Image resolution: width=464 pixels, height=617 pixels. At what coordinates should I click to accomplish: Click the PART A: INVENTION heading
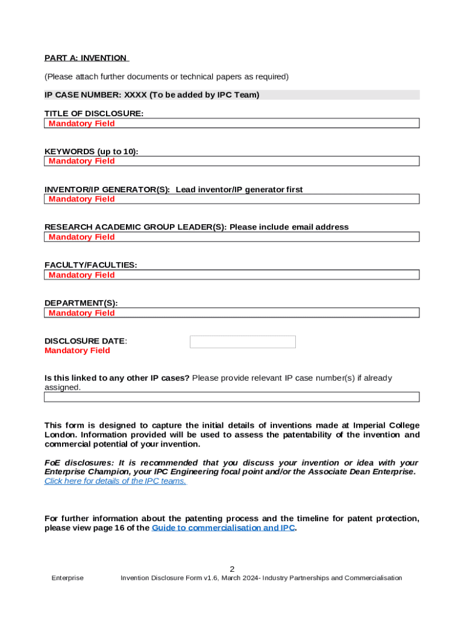[86, 58]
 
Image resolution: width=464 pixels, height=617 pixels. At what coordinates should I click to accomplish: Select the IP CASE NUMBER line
[152, 95]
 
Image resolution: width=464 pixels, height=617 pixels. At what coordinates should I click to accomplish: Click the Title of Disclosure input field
[232, 124]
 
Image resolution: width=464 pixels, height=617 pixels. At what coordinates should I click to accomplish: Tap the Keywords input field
[232, 161]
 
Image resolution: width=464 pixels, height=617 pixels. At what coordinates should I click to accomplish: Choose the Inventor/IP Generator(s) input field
[232, 199]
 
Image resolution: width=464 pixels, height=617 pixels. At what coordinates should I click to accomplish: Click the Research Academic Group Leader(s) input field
[232, 237]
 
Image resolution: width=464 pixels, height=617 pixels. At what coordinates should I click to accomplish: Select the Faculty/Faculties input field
[232, 275]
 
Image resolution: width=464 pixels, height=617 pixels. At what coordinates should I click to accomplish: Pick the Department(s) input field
[232, 313]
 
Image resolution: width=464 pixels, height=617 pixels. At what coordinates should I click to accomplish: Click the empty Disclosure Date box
[242, 342]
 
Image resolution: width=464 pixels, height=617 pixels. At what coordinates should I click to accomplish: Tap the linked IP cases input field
[232, 397]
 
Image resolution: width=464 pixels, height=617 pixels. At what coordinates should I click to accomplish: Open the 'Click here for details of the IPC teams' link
[115, 481]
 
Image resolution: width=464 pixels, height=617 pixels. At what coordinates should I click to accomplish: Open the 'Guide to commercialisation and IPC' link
[223, 528]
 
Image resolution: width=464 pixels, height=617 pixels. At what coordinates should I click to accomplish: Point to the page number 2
[232, 569]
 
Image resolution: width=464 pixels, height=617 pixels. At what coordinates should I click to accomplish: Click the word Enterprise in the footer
[67, 578]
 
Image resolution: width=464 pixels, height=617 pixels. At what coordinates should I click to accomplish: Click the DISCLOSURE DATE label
[86, 341]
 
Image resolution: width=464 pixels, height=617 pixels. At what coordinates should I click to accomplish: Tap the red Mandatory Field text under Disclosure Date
[77, 351]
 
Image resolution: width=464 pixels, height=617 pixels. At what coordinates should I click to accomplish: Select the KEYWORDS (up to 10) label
[91, 152]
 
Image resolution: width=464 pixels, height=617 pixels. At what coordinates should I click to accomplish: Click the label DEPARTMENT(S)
[81, 303]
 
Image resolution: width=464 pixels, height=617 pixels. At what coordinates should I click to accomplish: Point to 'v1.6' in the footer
[210, 578]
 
